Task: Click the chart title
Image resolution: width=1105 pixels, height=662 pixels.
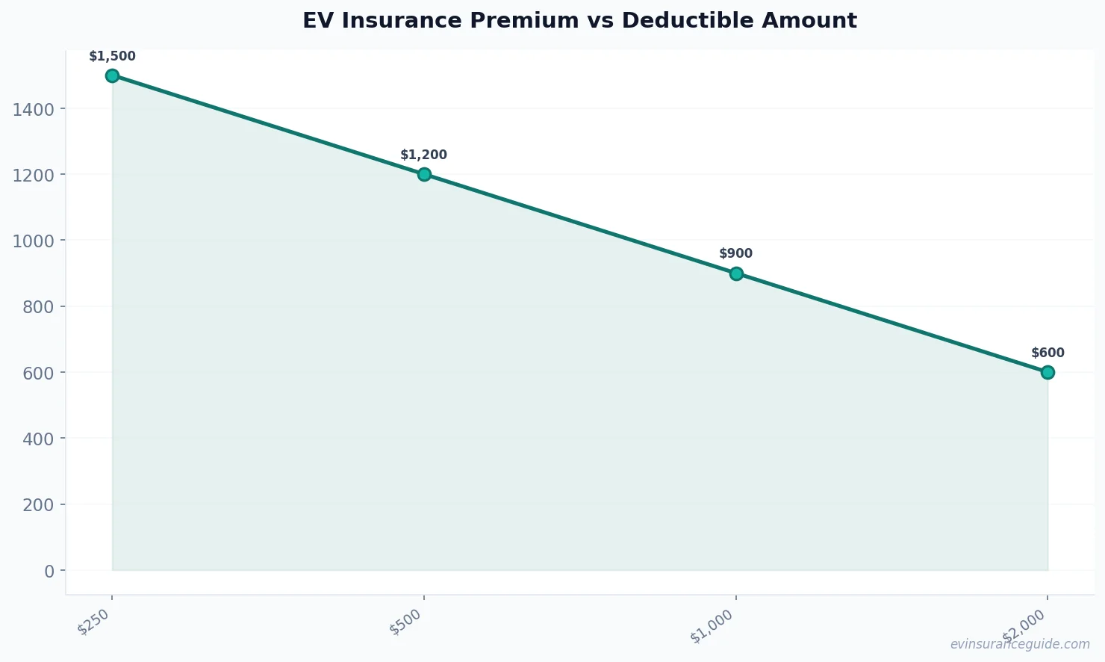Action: click(x=579, y=21)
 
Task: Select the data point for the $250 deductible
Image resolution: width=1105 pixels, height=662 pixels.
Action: click(x=112, y=75)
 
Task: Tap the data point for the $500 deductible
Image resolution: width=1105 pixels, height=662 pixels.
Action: click(x=424, y=174)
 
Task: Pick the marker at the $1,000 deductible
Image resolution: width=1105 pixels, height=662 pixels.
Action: click(x=736, y=273)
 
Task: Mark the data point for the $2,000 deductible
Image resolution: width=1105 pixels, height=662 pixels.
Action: click(x=1048, y=372)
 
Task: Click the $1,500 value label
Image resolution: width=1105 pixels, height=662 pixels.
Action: click(x=112, y=57)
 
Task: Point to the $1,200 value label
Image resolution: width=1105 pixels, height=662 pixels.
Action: click(x=423, y=155)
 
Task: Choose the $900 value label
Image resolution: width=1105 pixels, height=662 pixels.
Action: click(x=735, y=254)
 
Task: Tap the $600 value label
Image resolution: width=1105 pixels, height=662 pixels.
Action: click(x=1048, y=353)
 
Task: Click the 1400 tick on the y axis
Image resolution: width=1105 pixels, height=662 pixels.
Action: click(x=34, y=110)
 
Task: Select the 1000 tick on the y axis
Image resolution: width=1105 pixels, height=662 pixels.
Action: click(x=34, y=241)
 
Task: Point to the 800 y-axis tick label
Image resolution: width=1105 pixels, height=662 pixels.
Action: click(x=38, y=307)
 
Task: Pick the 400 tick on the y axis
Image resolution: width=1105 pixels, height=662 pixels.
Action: click(x=38, y=439)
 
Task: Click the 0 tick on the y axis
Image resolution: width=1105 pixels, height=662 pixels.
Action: click(x=49, y=571)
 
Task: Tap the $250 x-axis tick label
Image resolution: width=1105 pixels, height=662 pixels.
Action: click(x=95, y=622)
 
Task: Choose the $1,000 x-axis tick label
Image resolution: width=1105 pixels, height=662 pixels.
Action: click(x=712, y=626)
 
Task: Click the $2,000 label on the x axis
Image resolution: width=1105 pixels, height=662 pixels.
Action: click(x=1024, y=626)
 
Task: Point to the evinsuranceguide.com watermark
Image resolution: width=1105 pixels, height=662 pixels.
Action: click(x=1020, y=645)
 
